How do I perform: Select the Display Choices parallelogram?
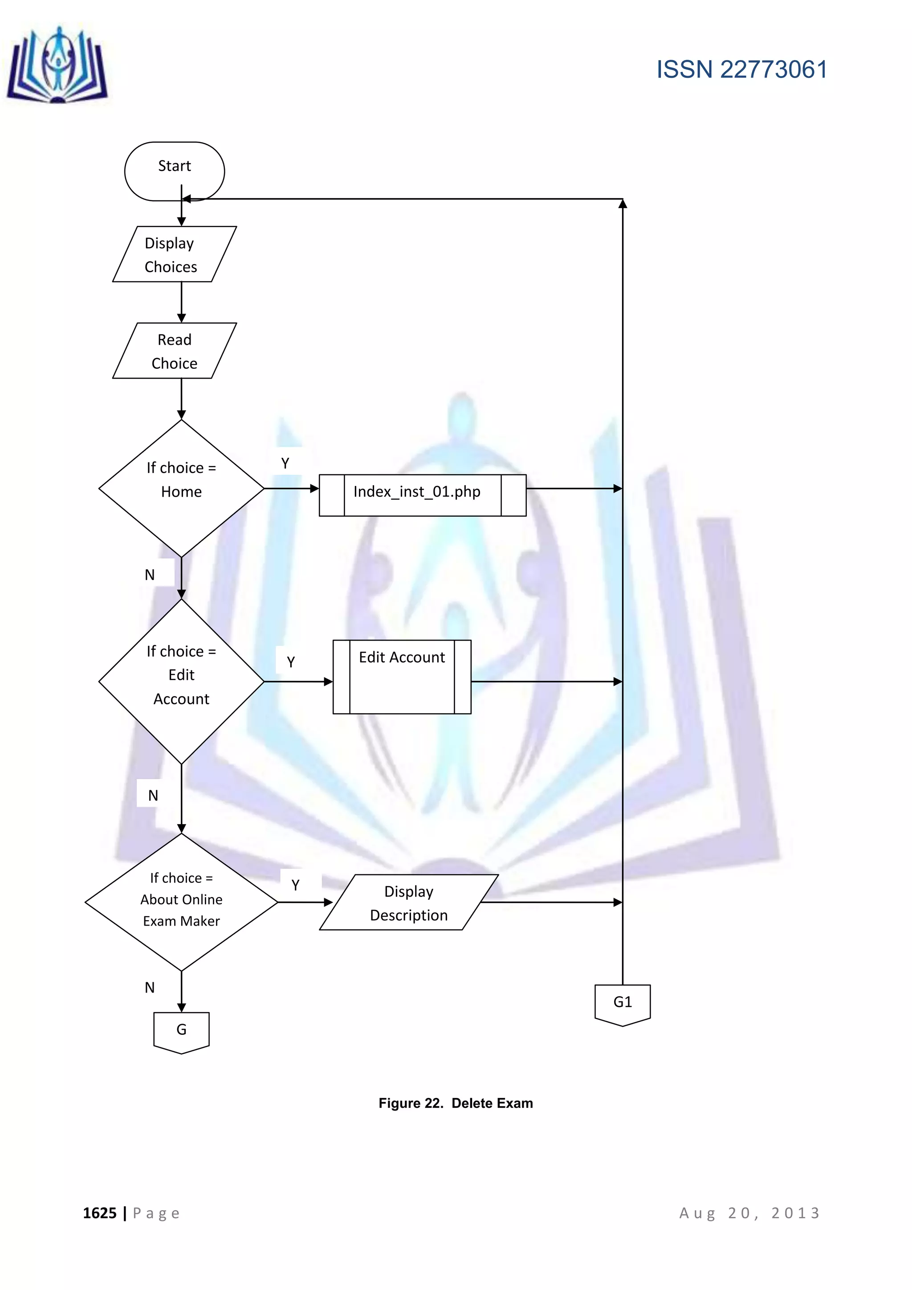pos(174,254)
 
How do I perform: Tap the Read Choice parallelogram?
pos(174,351)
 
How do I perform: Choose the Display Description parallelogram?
pos(409,902)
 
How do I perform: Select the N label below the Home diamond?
pos(149,574)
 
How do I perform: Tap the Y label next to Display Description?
pos(295,885)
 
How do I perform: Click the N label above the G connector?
pos(149,987)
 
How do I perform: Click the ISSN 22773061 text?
pos(741,69)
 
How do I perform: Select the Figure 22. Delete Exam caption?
pos(456,1103)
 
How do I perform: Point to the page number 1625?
pos(99,1213)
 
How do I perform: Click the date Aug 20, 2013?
pos(750,1213)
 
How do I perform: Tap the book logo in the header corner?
pos(57,66)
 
